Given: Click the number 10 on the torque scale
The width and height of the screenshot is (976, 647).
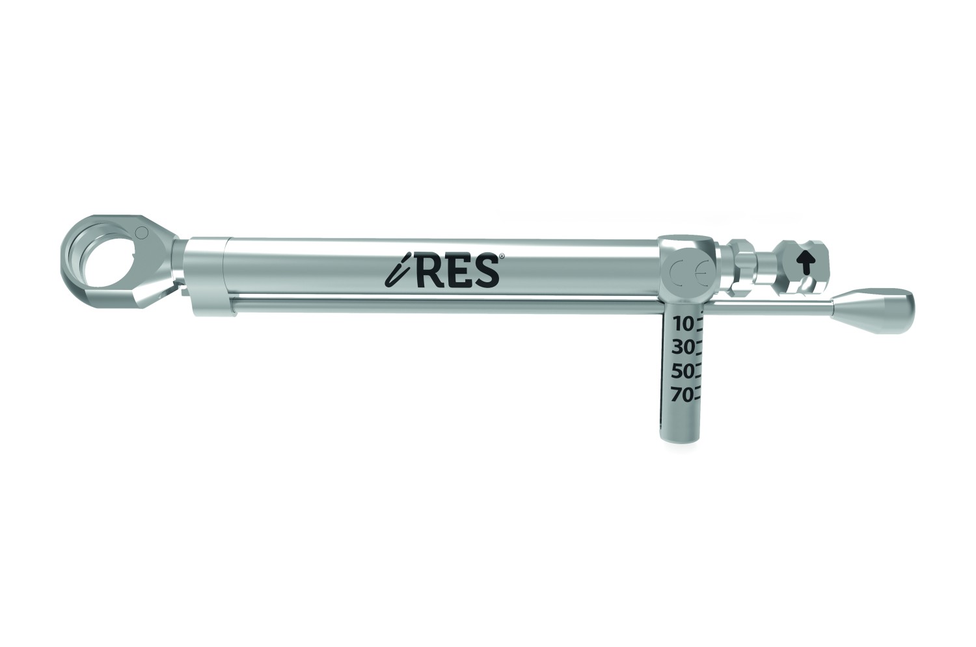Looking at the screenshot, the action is pyautogui.click(x=683, y=324).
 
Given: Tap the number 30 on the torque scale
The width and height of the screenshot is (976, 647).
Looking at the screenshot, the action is pyautogui.click(x=682, y=348).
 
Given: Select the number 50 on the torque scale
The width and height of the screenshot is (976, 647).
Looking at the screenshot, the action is pyautogui.click(x=682, y=372).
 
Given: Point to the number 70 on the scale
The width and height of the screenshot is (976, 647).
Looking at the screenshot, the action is pyautogui.click(x=682, y=395).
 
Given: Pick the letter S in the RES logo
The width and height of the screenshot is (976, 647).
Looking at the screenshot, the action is pyautogui.click(x=486, y=271).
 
